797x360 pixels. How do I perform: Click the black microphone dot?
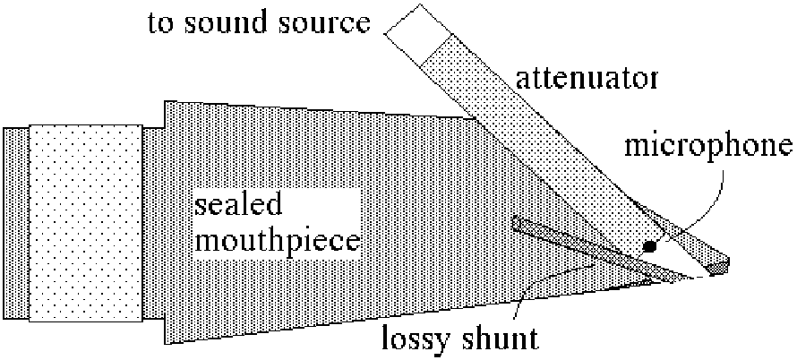649,246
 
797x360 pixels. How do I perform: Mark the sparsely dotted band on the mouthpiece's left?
85,224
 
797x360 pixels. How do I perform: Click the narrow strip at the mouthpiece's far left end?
16,224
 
